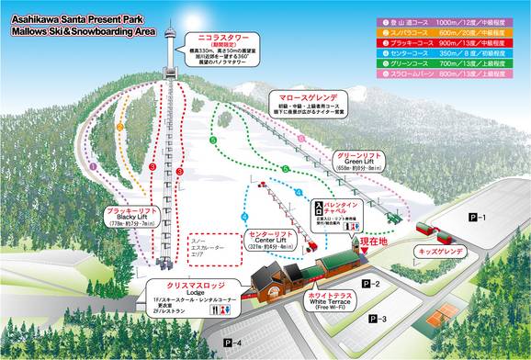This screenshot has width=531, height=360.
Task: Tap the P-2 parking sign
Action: point(370,285)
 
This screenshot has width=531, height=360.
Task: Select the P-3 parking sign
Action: point(377,319)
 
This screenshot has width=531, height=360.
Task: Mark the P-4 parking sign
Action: point(233,343)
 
